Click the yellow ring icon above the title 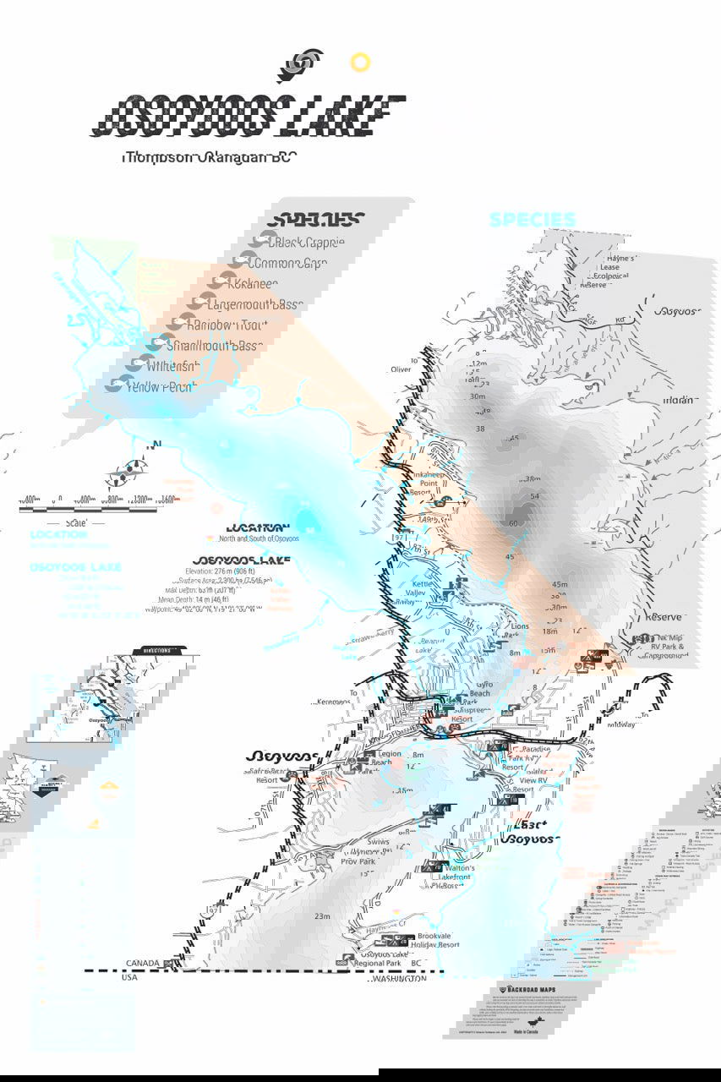[x=360, y=62]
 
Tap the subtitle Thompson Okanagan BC [x=208, y=157]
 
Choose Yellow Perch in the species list [x=161, y=386]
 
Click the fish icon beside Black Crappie [x=269, y=240]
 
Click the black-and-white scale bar [x=88, y=509]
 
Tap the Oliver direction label [x=401, y=369]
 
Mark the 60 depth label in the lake [x=513, y=523]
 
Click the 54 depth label [x=534, y=496]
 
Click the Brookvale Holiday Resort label [x=436, y=940]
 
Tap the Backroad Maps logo [x=532, y=987]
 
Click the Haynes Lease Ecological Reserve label [x=613, y=271]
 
